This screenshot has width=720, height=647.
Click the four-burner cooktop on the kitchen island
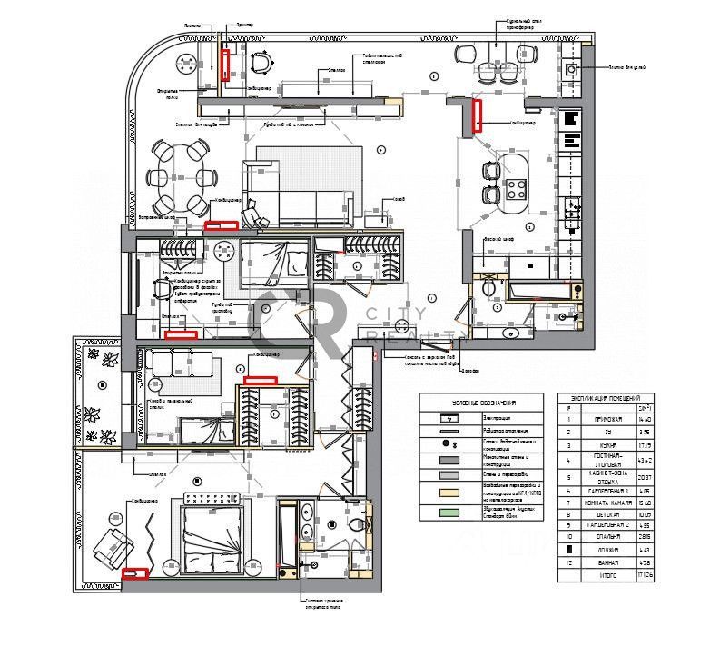pyautogui.click(x=518, y=190)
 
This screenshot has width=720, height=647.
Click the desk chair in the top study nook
pyautogui.click(x=261, y=63)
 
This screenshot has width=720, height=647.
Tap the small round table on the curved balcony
pyautogui.click(x=186, y=64)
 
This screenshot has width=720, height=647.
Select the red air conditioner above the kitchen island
pyautogui.click(x=477, y=116)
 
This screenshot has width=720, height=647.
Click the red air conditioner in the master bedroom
pyautogui.click(x=136, y=573)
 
